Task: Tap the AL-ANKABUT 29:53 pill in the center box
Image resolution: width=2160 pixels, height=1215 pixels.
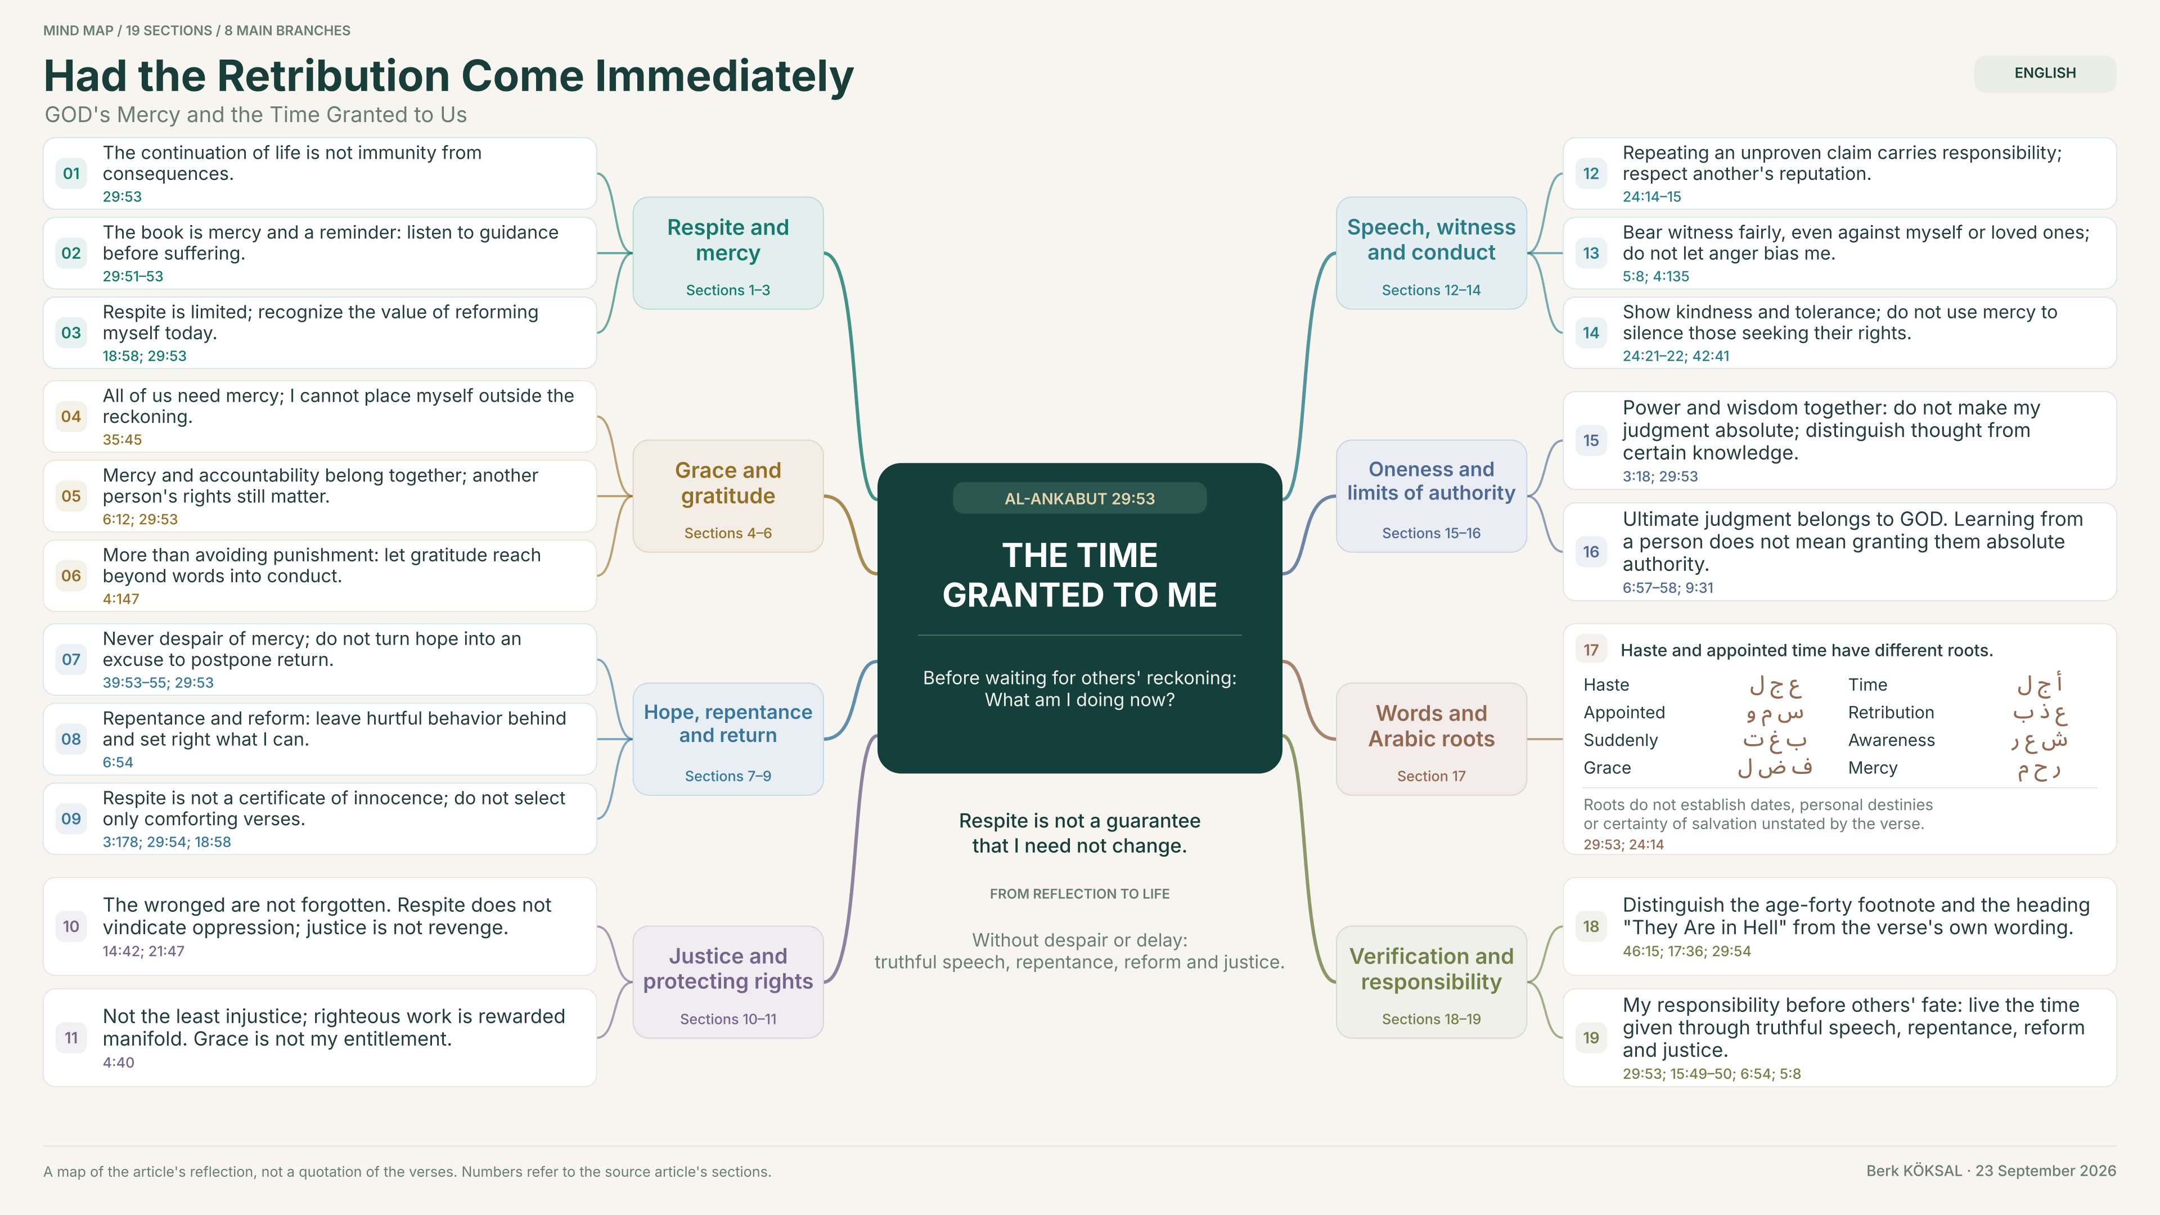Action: tap(1079, 498)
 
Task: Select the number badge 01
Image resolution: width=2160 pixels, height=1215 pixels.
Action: tap(71, 174)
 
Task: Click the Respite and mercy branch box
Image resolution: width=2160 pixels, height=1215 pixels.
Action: tap(728, 253)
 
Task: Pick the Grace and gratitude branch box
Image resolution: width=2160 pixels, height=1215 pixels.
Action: tap(728, 496)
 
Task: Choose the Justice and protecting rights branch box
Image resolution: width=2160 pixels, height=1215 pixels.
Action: tap(728, 982)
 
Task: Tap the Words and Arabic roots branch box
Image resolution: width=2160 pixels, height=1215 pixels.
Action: tap(1432, 739)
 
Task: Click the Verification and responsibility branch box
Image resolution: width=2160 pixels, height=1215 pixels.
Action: tap(1432, 982)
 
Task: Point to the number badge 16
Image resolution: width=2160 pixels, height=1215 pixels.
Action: tap(1591, 552)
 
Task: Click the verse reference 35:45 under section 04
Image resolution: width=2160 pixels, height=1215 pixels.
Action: tap(123, 439)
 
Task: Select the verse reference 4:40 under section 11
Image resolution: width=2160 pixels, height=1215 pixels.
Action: tap(118, 1063)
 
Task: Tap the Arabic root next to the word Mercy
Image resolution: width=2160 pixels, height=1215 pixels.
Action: tap(2038, 769)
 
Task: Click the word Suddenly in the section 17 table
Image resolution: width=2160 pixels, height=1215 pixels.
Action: tap(1620, 740)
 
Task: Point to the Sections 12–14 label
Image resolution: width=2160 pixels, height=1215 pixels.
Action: tap(1432, 290)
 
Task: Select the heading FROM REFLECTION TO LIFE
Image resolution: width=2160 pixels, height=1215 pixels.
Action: tap(1079, 894)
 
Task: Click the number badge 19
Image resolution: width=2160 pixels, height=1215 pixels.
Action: tap(1591, 1038)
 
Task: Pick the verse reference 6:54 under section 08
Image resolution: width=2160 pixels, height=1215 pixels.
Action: tap(118, 762)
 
